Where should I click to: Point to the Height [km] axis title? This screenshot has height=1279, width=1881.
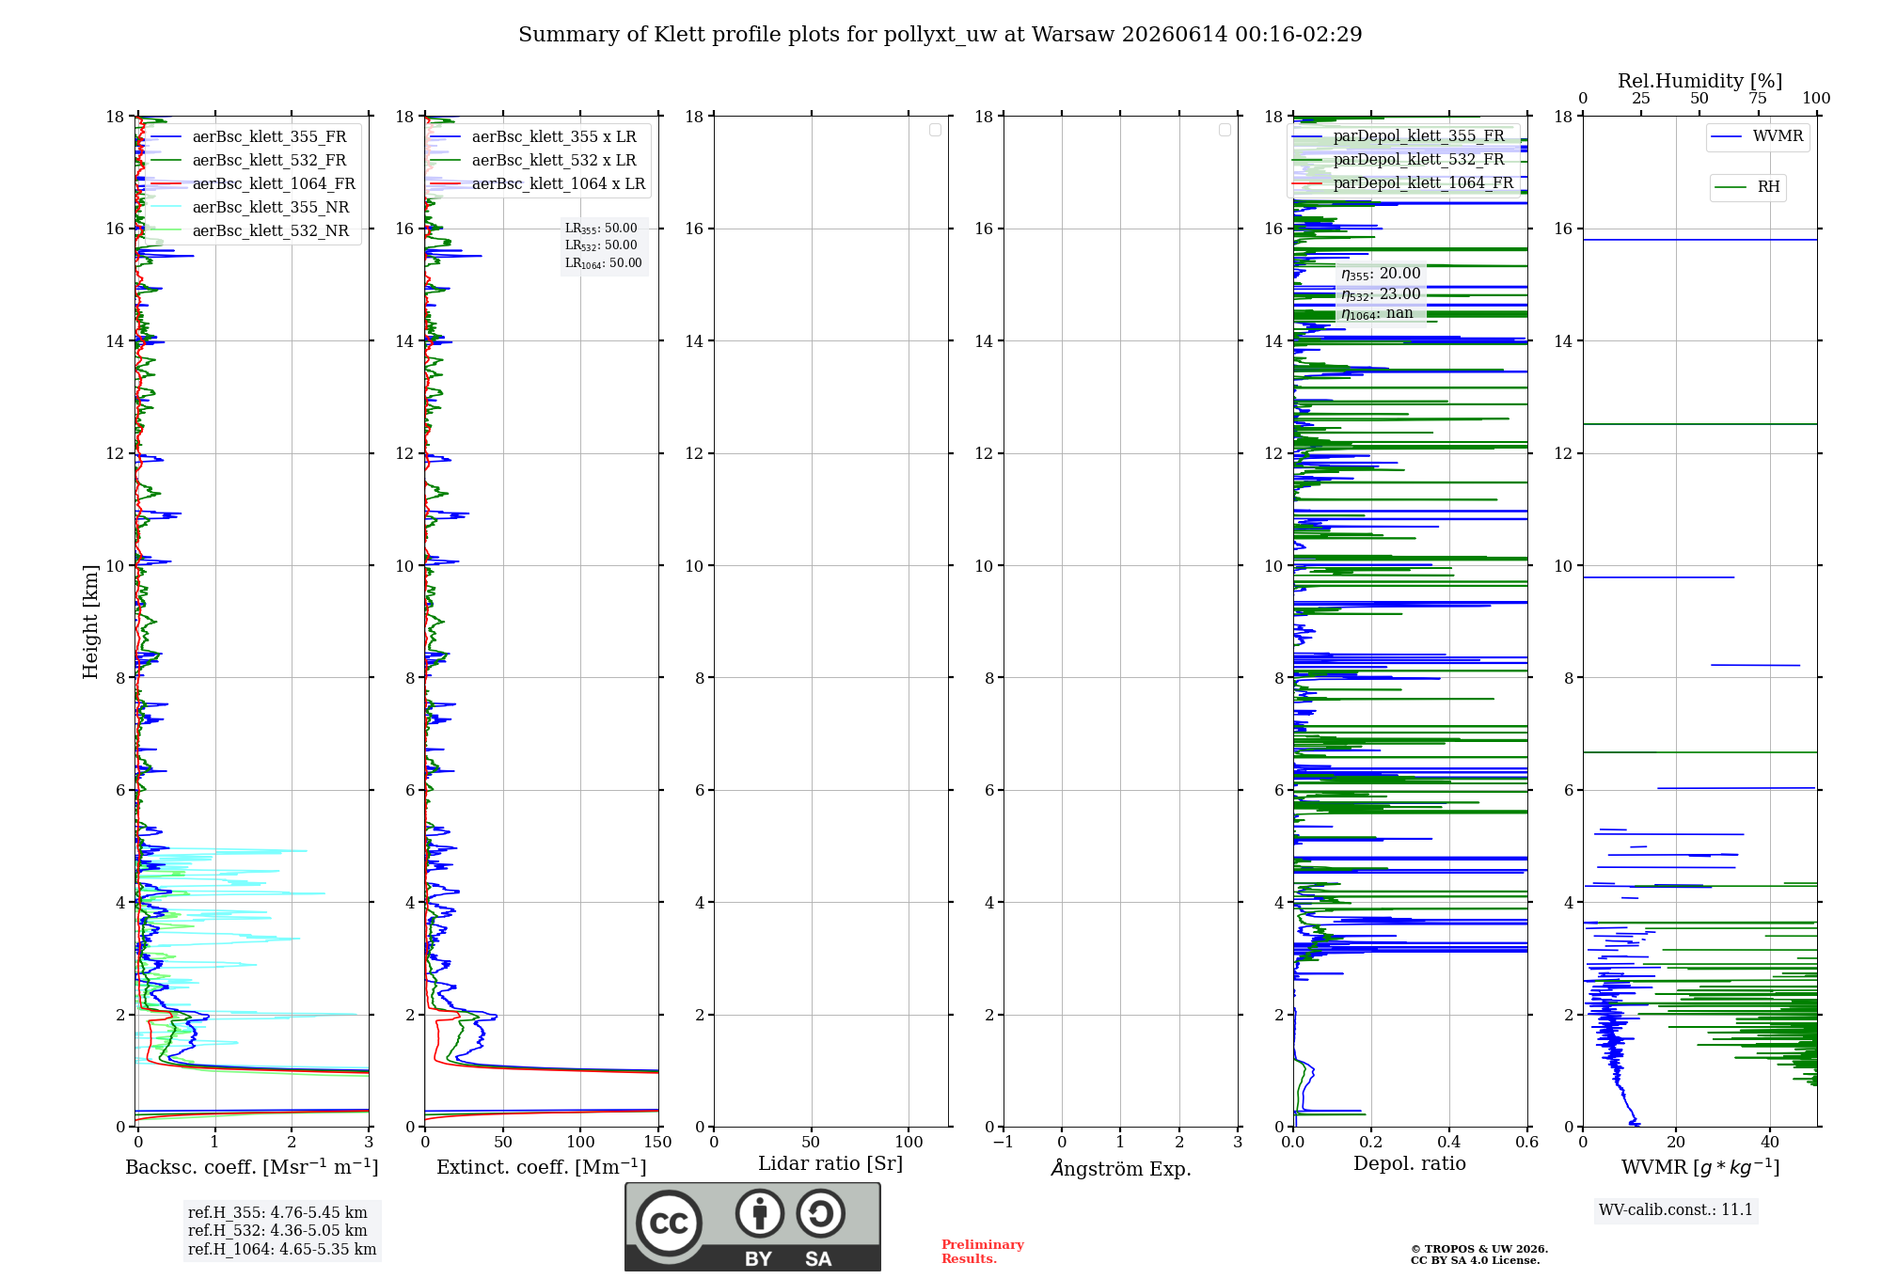tap(90, 622)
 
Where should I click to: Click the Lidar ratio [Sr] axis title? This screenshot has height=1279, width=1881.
tap(830, 1163)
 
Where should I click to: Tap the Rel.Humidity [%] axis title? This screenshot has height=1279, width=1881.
tap(1699, 81)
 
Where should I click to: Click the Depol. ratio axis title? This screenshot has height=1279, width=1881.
tap(1410, 1163)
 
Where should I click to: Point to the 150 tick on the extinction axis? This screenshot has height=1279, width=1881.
tap(658, 1142)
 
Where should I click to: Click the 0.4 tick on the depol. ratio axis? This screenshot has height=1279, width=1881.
tap(1449, 1142)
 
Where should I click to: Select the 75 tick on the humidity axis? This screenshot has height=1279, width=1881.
tap(1757, 98)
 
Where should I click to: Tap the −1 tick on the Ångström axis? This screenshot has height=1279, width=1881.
tap(1004, 1142)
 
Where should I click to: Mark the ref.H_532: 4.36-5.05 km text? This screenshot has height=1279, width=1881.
tap(277, 1230)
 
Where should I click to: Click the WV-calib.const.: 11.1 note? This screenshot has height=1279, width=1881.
tap(1676, 1209)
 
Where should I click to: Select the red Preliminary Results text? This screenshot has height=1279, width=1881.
tap(983, 1252)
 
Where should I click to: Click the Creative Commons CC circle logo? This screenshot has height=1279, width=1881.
tap(669, 1224)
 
